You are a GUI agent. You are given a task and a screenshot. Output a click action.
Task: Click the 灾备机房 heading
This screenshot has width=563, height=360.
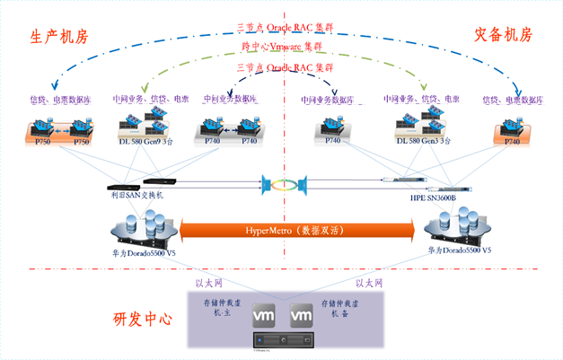click(503, 35)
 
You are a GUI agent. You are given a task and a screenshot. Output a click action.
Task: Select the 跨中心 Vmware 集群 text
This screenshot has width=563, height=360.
click(281, 47)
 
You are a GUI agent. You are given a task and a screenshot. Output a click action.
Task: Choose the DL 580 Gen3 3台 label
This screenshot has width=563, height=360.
click(424, 141)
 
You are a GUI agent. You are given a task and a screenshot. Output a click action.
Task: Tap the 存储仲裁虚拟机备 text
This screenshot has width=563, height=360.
click(339, 311)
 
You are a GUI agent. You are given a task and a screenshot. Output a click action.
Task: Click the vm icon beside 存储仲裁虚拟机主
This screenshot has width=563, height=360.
click(264, 316)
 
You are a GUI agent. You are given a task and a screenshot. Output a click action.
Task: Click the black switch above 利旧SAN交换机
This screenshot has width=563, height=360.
click(149, 183)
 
